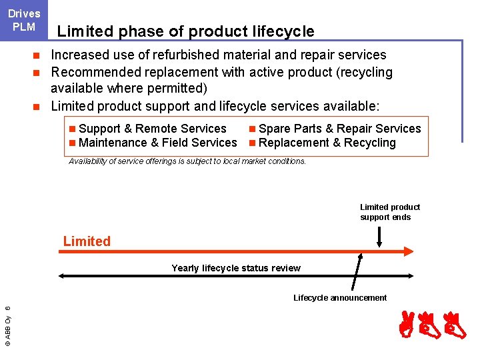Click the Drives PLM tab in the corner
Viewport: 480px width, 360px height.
click(24, 20)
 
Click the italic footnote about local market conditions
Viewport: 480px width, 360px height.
click(187, 161)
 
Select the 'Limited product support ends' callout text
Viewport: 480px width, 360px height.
click(389, 212)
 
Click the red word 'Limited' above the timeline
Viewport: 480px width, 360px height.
click(87, 241)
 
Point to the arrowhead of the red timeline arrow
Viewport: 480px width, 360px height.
click(409, 251)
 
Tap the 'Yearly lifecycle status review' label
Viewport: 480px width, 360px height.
click(236, 268)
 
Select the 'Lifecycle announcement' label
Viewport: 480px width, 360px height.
click(340, 298)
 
